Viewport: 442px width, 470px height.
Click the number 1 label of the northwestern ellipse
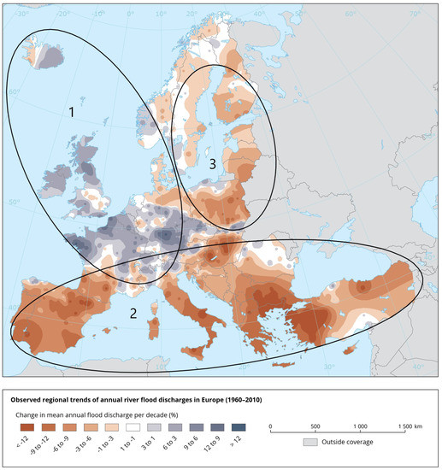[73, 111]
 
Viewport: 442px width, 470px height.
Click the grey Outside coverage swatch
[312, 444]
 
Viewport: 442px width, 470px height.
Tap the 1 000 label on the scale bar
[359, 425]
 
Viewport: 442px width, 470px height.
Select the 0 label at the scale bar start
[270, 425]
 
